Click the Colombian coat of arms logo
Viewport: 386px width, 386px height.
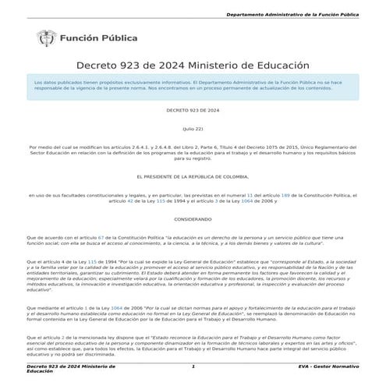coord(44,37)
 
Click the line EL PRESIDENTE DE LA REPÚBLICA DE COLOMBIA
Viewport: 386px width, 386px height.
coord(193,176)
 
